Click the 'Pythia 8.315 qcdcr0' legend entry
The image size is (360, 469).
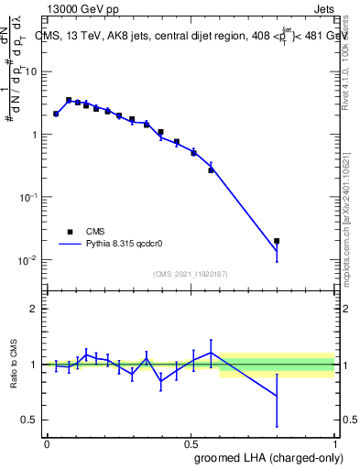coord(110,245)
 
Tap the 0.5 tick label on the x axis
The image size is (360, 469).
coord(191,443)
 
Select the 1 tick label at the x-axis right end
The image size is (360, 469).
coord(336,443)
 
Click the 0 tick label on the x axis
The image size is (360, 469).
coord(47,443)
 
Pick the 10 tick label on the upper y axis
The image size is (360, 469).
coord(30,71)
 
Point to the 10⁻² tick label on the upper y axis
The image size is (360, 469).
coord(27,260)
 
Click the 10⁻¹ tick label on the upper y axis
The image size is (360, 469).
coord(27,197)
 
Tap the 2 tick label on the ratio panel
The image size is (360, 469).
coord(34,309)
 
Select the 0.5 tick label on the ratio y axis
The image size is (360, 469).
coord(29,420)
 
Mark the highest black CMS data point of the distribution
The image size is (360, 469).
coord(69,100)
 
